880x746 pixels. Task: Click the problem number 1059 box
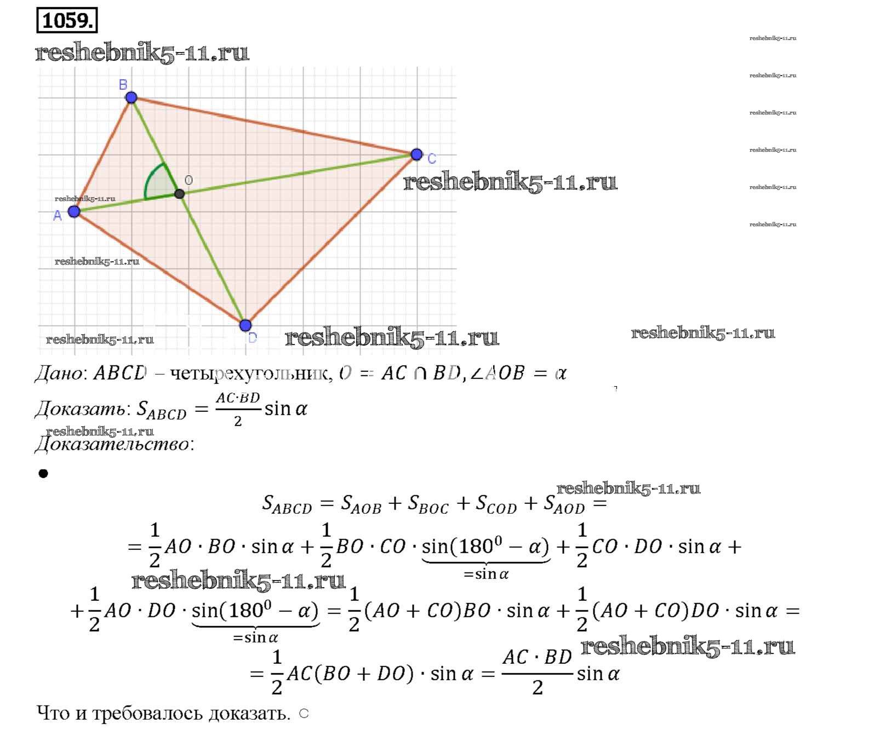click(67, 21)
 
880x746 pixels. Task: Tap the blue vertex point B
click(131, 97)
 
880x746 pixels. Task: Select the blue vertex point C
click(416, 154)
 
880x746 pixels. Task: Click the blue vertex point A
click(74, 211)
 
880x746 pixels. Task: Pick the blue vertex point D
click(245, 325)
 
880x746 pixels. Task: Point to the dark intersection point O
click(179, 194)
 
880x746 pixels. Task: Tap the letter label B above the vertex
click(123, 84)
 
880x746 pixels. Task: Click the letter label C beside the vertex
click(432, 159)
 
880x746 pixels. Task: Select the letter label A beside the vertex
click(58, 216)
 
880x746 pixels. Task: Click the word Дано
click(58, 374)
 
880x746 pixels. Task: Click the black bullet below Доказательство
click(43, 473)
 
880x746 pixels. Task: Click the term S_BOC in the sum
click(428, 504)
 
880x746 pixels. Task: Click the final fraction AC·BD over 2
click(537, 672)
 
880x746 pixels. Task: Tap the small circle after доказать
click(304, 713)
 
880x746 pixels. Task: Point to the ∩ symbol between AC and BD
click(420, 374)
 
